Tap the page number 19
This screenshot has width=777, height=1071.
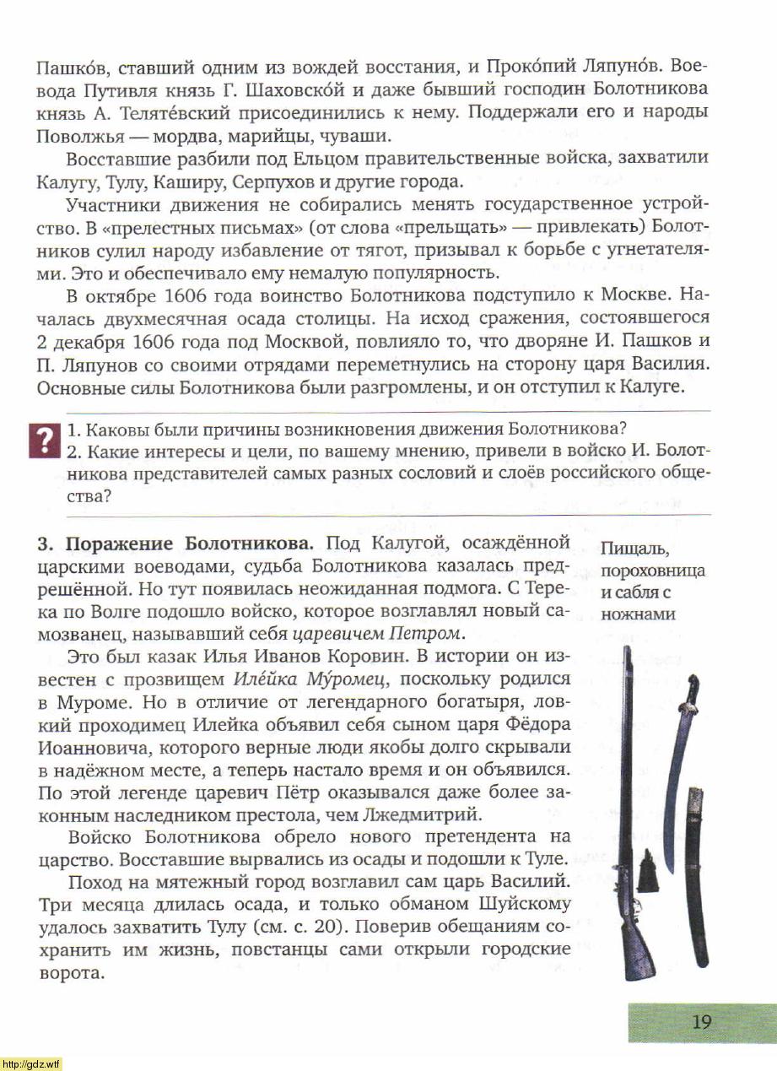[701, 1022]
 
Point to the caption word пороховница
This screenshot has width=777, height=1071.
[653, 571]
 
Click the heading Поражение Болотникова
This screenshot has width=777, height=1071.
[190, 542]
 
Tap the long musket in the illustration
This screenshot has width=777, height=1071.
[628, 810]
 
